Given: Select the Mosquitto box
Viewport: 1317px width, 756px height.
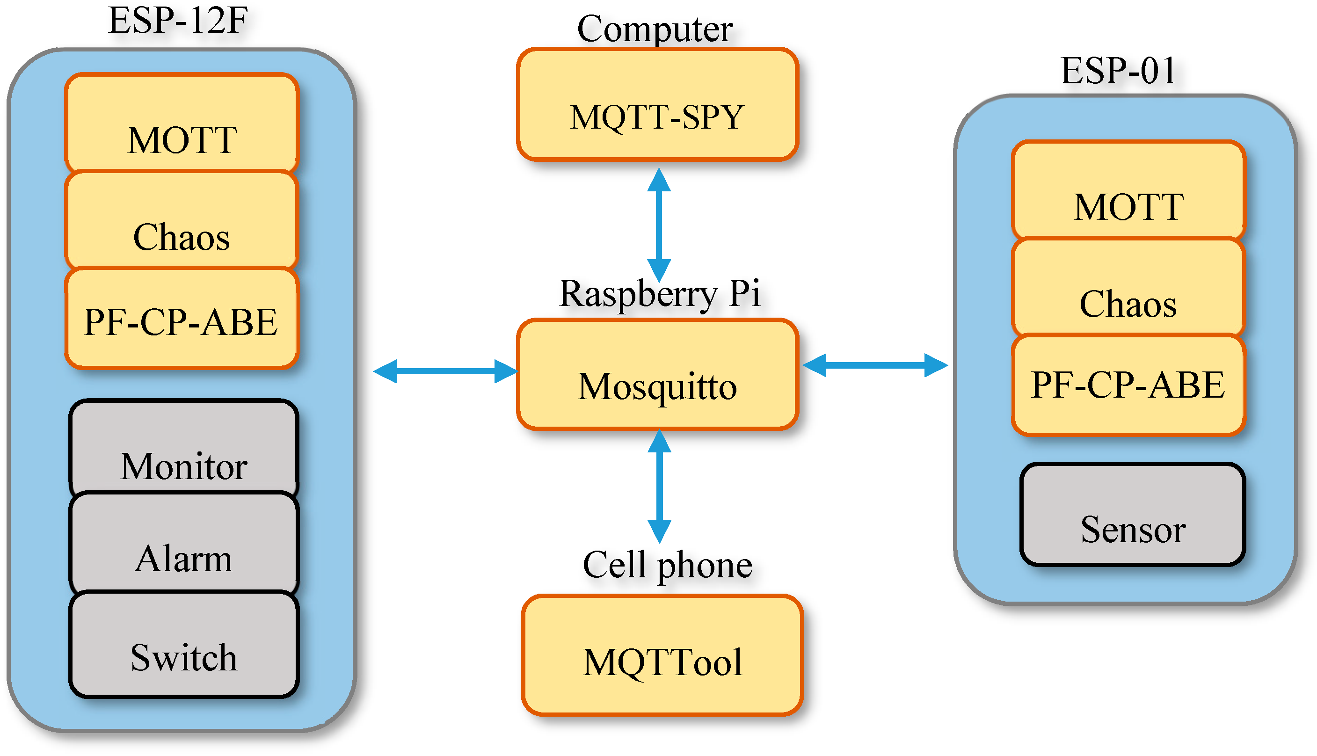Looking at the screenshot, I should [x=657, y=374].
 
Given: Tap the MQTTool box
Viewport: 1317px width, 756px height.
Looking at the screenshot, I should [x=662, y=655].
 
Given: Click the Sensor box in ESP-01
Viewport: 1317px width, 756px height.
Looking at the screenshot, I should [x=1132, y=515].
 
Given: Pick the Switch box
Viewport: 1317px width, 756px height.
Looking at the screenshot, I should [x=184, y=644].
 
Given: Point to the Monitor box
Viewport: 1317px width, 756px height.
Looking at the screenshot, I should [x=184, y=449].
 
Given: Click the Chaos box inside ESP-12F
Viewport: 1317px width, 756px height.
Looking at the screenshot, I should [x=181, y=221].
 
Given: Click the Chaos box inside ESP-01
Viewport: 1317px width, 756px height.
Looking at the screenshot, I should [x=1128, y=288].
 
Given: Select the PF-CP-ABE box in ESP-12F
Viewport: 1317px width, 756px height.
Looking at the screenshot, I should [x=181, y=320].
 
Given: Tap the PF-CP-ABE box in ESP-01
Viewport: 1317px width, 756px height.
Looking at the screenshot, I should [x=1128, y=384].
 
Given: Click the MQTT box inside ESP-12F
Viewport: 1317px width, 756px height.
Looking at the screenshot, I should [x=181, y=124].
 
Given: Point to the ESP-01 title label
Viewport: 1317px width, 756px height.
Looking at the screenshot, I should [x=1118, y=71].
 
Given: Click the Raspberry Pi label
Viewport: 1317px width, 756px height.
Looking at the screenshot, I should [x=659, y=294].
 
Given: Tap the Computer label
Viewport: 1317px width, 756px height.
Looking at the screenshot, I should [x=655, y=29].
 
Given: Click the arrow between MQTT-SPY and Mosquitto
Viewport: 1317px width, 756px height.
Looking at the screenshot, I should [x=659, y=225].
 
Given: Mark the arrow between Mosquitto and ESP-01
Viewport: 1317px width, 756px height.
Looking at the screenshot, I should [x=875, y=365].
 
